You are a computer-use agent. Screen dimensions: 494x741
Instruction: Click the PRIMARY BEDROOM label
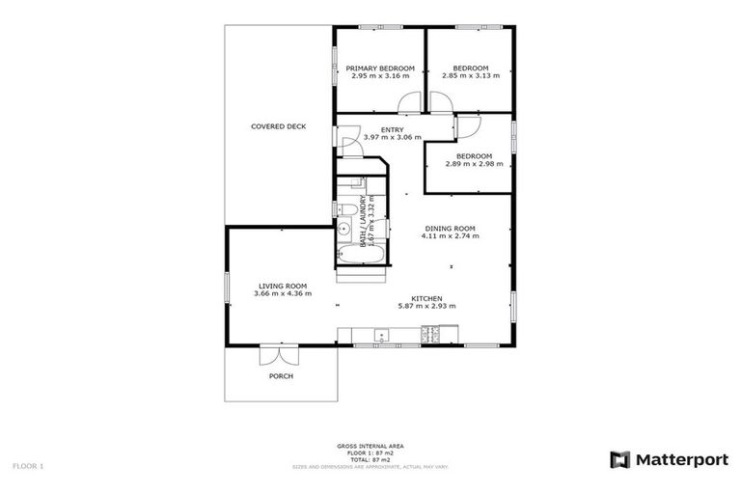click(380, 68)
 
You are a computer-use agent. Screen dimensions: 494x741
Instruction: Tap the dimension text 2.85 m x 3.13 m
click(471, 75)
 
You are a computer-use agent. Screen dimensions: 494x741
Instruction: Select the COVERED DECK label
click(278, 126)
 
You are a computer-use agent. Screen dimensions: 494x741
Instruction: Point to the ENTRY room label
click(392, 129)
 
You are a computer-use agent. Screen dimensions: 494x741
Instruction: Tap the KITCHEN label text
click(427, 297)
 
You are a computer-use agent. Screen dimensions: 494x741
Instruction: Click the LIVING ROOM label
click(282, 286)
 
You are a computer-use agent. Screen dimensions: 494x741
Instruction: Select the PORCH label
click(281, 375)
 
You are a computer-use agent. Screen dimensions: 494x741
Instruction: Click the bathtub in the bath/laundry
click(361, 255)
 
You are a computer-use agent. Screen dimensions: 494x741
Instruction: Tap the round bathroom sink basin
click(343, 229)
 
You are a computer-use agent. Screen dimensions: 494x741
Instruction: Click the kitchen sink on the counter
click(382, 337)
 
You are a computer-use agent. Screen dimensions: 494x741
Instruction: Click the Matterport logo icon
click(619, 460)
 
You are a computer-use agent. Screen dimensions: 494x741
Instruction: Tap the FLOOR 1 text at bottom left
click(28, 465)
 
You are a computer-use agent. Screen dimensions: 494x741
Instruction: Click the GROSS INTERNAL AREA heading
click(370, 446)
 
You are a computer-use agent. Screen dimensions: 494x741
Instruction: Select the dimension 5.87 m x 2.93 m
click(426, 306)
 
